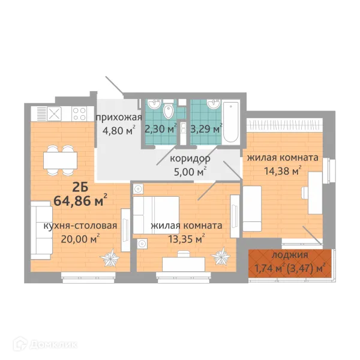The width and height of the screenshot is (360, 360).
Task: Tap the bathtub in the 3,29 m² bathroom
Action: [231, 122]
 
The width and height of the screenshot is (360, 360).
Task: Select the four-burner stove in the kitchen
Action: [79, 114]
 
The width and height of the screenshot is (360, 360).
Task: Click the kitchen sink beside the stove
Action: [55, 114]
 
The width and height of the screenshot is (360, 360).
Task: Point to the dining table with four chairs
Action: [61, 160]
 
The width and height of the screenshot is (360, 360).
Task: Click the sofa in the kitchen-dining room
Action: [41, 230]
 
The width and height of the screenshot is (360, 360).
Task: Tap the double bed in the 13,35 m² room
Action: [156, 215]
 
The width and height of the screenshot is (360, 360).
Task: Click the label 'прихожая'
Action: [119, 118]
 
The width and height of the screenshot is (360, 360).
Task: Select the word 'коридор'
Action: [190, 158]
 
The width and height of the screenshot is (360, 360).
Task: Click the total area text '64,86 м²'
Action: [80, 200]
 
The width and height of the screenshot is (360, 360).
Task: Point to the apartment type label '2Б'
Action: [80, 188]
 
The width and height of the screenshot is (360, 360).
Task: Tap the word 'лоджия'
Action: [290, 256]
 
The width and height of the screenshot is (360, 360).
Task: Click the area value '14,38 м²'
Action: [283, 170]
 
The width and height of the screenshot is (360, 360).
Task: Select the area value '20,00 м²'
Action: [80, 239]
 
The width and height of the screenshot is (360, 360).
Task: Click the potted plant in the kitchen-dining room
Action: [110, 258]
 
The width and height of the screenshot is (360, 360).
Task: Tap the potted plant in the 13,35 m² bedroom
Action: [221, 256]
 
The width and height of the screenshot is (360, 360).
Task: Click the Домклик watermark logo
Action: [45, 344]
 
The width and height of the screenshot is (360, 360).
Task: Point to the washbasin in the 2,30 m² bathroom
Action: [154, 104]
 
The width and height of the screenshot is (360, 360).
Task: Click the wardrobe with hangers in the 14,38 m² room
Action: [284, 125]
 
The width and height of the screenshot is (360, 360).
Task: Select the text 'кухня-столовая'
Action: [80, 226]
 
